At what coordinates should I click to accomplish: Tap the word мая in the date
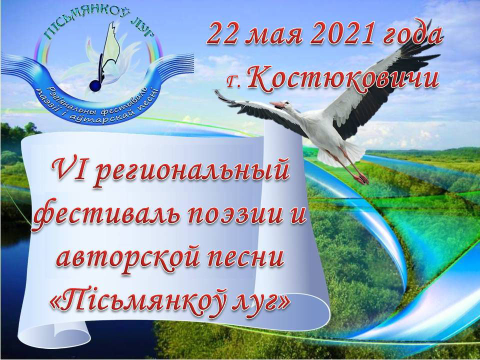coord(275,37)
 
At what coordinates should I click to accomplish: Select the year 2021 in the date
coord(342,34)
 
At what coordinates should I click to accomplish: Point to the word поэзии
coord(232,216)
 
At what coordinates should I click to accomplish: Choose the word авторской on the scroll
coord(131,259)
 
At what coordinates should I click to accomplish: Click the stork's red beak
coord(277,104)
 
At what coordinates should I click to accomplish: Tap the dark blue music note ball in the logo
coord(95,86)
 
